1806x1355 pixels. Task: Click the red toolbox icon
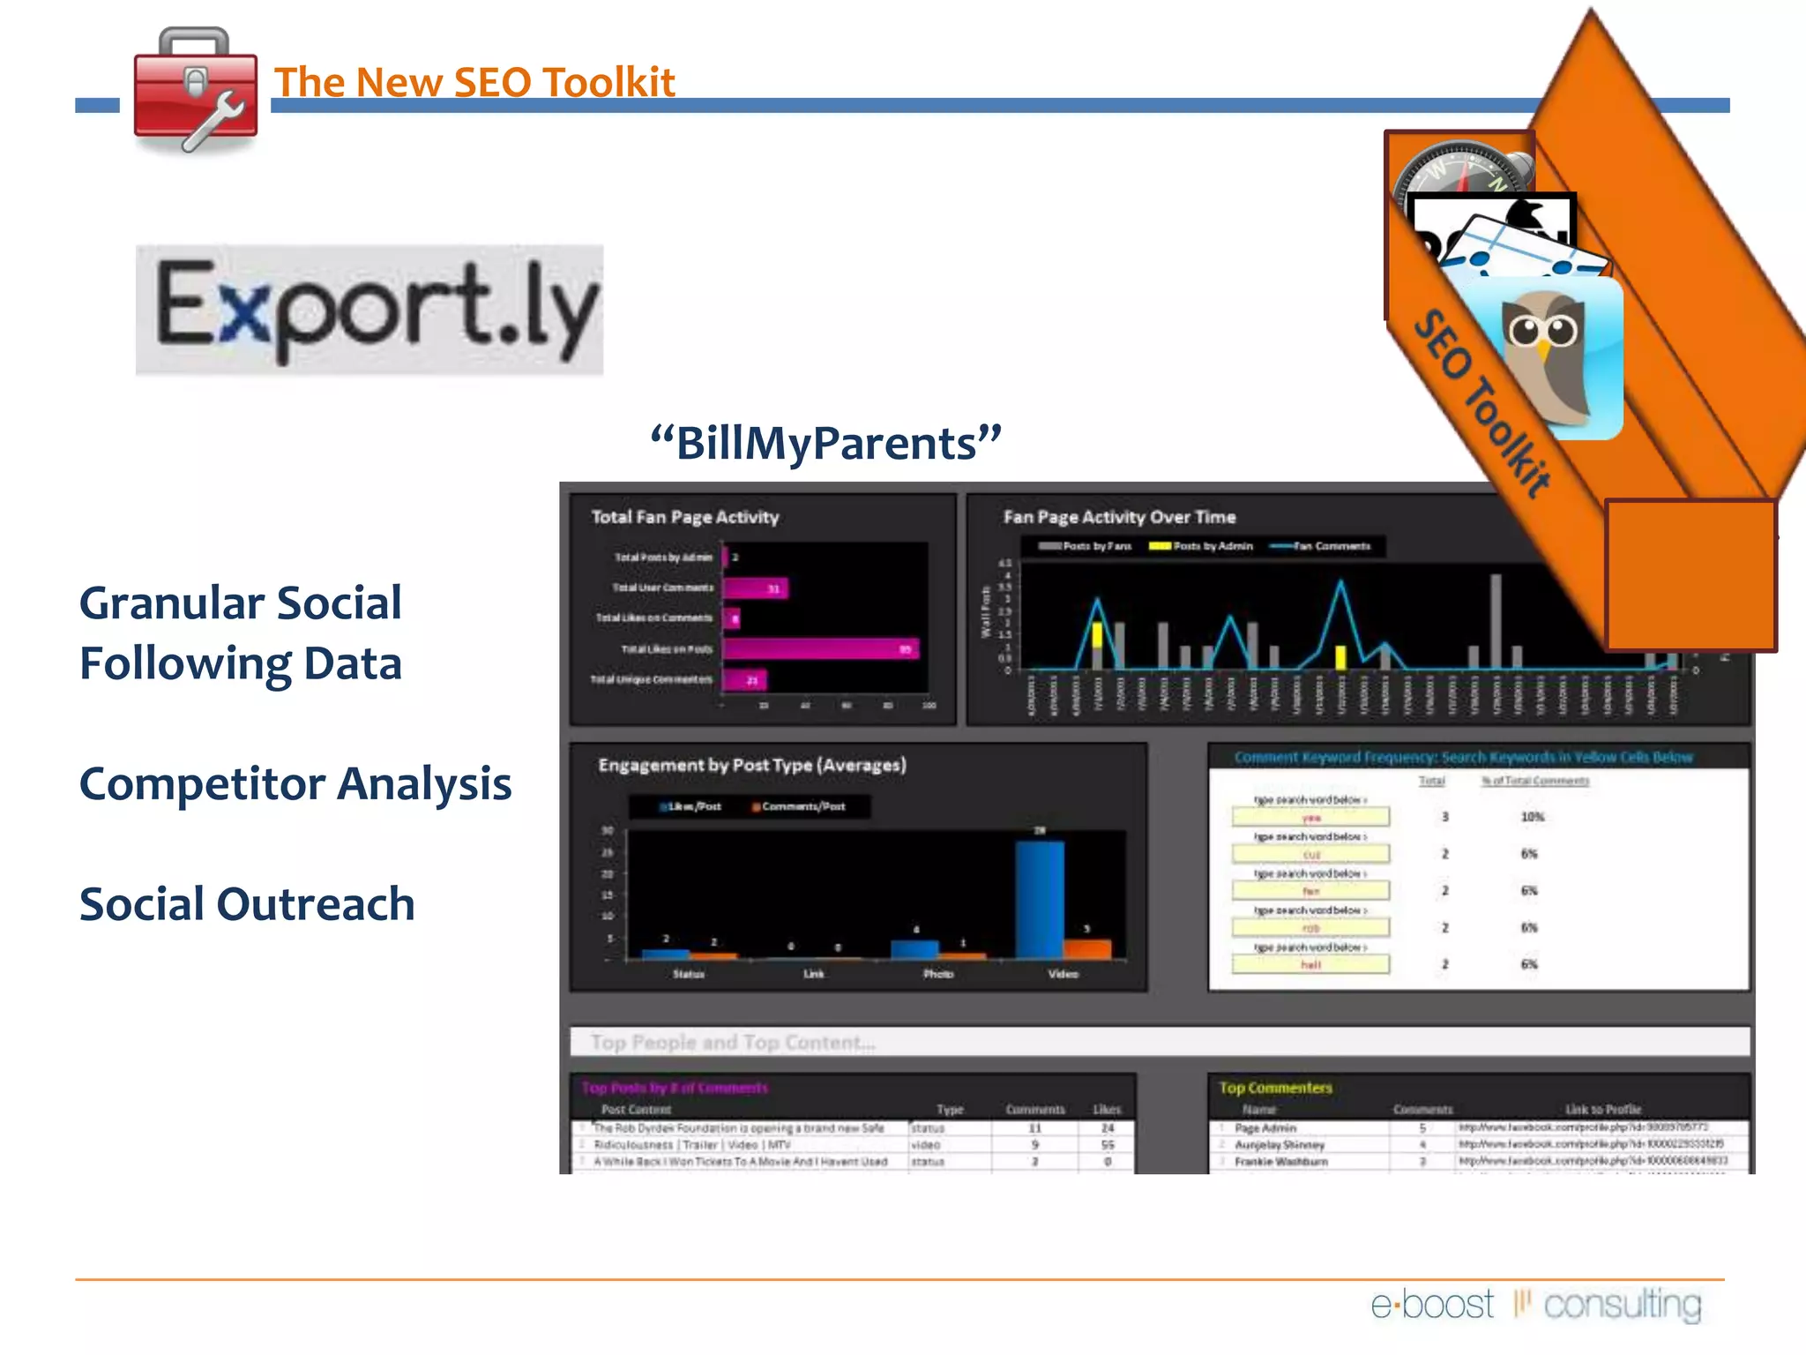(195, 92)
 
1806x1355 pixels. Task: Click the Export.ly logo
(369, 310)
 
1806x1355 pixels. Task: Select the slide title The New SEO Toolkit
(474, 82)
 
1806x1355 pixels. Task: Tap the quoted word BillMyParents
(825, 443)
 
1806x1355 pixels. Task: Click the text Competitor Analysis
(295, 783)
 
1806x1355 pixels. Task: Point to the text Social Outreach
(247, 904)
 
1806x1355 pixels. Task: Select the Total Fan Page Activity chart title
(685, 517)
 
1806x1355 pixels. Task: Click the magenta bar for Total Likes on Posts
(820, 649)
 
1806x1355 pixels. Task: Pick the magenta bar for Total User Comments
(755, 588)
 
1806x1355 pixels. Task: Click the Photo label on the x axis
(938, 974)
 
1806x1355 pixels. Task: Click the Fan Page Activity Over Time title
(1119, 517)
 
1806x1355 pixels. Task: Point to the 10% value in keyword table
(1533, 817)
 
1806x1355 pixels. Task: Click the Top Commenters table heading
(1275, 1088)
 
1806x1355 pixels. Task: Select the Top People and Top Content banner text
(733, 1043)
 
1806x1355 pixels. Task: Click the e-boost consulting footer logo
(1535, 1304)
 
